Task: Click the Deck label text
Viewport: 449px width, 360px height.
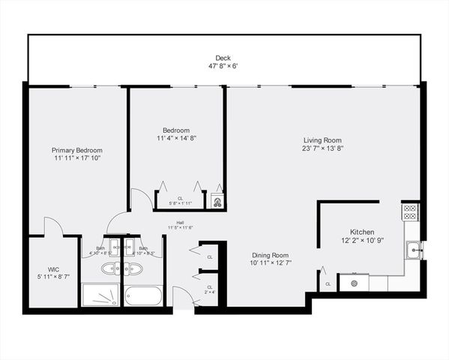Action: pyautogui.click(x=223, y=58)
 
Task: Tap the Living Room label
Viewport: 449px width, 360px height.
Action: pyautogui.click(x=322, y=140)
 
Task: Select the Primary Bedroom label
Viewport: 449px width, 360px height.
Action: pyautogui.click(x=76, y=150)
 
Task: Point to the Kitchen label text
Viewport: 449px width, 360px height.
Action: pyautogui.click(x=361, y=232)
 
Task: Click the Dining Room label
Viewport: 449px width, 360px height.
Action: pyautogui.click(x=270, y=255)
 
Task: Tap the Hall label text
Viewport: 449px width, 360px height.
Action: pyautogui.click(x=180, y=222)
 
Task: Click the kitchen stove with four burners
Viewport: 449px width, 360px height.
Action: pyautogui.click(x=410, y=212)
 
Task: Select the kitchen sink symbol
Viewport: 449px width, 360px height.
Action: pyautogui.click(x=413, y=249)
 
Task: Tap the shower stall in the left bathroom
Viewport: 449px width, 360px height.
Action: pyautogui.click(x=100, y=295)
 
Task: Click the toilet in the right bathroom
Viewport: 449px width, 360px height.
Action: pyautogui.click(x=130, y=268)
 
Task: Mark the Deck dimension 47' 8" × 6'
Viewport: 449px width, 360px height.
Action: pyautogui.click(x=223, y=66)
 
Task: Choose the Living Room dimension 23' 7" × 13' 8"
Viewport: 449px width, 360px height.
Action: pyautogui.click(x=322, y=148)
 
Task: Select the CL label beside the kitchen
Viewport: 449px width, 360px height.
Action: pyautogui.click(x=328, y=284)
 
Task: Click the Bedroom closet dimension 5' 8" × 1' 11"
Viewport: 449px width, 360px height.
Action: pyautogui.click(x=180, y=203)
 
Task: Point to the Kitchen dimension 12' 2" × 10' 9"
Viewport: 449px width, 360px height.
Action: pyautogui.click(x=361, y=241)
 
